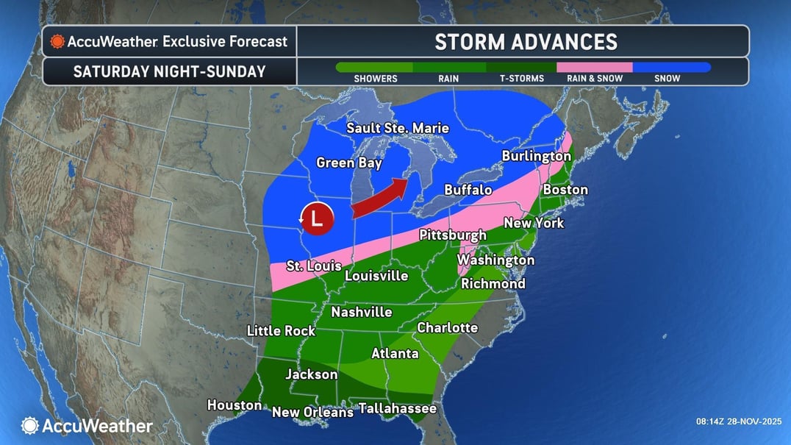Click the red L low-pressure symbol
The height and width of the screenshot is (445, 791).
(x=317, y=218)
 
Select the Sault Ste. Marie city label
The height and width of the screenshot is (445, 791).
(x=398, y=128)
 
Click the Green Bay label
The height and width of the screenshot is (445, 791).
(x=346, y=163)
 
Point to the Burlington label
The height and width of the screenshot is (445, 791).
(x=536, y=156)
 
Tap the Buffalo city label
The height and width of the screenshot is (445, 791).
(x=468, y=190)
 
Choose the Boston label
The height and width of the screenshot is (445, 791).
(x=565, y=190)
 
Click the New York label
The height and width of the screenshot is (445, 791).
(x=533, y=222)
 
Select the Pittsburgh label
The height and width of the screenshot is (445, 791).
(x=452, y=235)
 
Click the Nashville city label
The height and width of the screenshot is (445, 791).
(x=361, y=312)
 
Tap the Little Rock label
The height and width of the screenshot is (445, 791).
(x=281, y=331)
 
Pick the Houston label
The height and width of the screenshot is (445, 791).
(x=234, y=405)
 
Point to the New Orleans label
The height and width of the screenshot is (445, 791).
(x=312, y=413)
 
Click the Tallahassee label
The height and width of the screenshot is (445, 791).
(x=397, y=408)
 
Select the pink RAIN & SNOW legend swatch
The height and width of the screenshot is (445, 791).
(x=594, y=67)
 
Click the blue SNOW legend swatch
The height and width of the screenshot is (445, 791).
(x=671, y=67)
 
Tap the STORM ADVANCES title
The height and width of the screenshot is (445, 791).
(x=526, y=41)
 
